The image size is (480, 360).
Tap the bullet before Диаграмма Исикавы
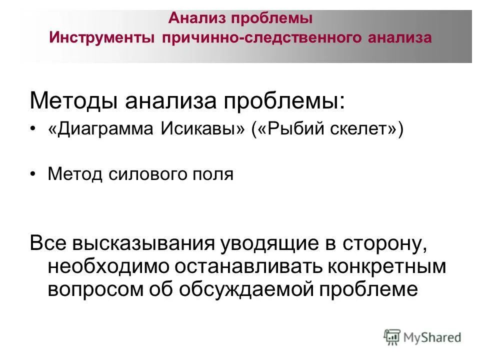click(x=33, y=130)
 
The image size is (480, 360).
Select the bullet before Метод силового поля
click(x=33, y=174)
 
